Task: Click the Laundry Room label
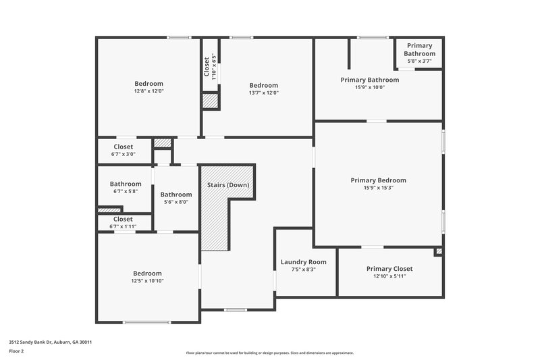coord(303,262)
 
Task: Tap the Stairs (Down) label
coord(227,185)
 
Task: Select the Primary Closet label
coord(389,269)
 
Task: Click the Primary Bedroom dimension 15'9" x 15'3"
coord(378,188)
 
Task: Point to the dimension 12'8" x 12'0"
coord(149,91)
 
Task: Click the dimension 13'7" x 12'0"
coord(263,93)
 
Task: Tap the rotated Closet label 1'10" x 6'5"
coord(210,67)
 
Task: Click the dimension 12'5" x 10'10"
coord(147,281)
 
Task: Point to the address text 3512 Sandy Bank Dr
coord(50,342)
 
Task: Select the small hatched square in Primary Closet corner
coord(439,251)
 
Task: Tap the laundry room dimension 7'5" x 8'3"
coord(303,269)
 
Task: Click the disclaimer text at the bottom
coord(269,353)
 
